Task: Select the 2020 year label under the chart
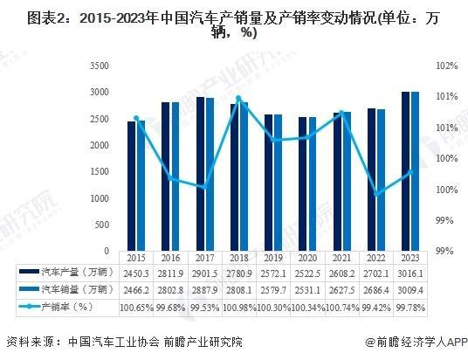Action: pos(307,259)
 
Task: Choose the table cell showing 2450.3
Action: pos(136,273)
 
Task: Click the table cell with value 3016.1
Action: pos(410,273)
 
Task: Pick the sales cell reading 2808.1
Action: pos(239,289)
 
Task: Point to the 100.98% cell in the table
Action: pos(239,307)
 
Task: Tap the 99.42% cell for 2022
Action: pos(376,307)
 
